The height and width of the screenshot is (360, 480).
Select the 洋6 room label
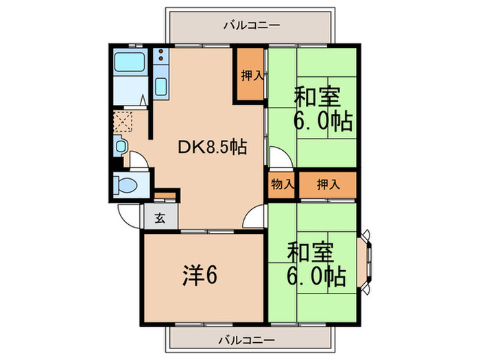coord(201,276)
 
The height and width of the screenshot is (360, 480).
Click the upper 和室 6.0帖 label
coord(322,108)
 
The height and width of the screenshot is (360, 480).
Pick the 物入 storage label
coord(282,184)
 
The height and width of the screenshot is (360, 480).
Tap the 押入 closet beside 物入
coord(327,184)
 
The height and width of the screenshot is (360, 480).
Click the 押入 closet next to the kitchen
coord(250,76)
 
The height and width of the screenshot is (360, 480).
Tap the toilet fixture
coord(126,185)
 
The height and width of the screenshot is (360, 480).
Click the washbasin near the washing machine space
coord(121,145)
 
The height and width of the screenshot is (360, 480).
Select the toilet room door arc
coord(139,162)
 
